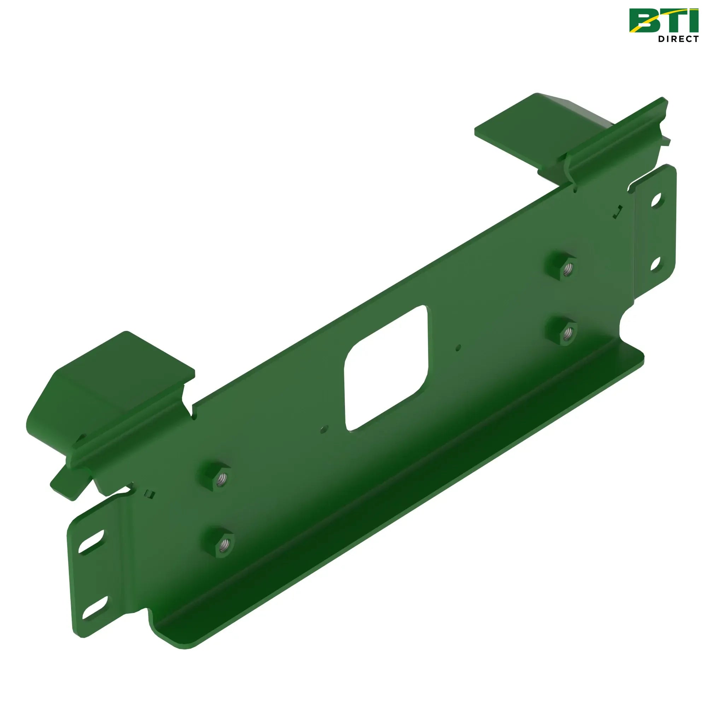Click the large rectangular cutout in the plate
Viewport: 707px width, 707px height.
386,368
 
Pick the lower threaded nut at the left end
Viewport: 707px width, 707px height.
218,542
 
